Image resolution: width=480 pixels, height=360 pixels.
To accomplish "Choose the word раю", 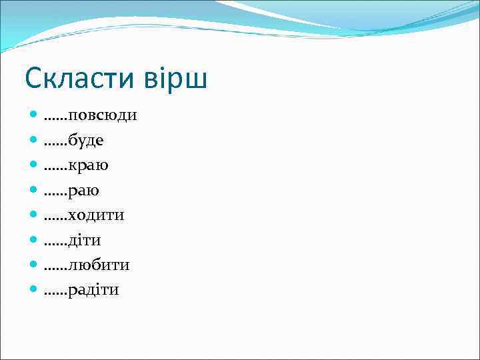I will (x=84, y=191).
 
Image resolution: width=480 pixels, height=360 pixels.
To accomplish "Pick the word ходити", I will (x=96, y=215).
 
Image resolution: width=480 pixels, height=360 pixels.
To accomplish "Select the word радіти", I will (x=93, y=291).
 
